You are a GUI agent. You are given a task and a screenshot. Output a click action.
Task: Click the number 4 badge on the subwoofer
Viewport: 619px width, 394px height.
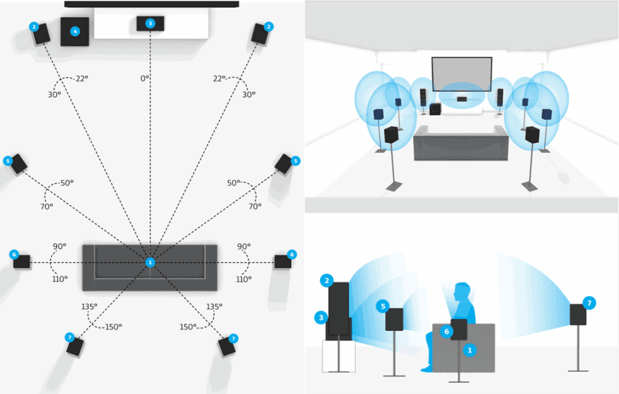pos(75,31)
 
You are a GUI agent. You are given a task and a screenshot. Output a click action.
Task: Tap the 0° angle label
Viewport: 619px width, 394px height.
pos(145,79)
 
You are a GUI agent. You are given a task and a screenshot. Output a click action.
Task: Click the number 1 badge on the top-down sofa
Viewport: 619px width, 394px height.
pos(150,262)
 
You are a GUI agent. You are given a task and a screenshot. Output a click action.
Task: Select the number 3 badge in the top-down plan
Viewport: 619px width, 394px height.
pos(150,24)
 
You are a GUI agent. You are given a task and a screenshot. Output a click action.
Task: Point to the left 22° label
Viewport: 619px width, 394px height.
pos(82,79)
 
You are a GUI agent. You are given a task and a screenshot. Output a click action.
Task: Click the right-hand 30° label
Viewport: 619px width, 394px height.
pos(249,95)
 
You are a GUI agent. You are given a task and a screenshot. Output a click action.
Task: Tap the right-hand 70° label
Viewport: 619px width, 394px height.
pos(255,206)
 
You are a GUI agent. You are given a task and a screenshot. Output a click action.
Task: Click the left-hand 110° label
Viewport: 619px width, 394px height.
pos(60,279)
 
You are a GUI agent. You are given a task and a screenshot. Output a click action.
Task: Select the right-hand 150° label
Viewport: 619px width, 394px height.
pos(187,326)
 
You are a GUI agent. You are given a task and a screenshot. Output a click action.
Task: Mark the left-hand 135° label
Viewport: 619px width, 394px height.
pos(89,307)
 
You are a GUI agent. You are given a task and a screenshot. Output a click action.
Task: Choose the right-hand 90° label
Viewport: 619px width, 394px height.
pos(244,247)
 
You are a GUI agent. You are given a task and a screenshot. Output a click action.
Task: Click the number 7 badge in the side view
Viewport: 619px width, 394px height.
pos(589,303)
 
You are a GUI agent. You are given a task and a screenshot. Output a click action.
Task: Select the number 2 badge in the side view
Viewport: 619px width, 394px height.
pos(326,281)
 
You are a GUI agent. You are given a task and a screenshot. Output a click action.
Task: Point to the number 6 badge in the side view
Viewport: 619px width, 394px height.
pos(447,332)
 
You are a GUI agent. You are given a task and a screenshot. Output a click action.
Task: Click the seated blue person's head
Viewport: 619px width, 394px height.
pos(463,292)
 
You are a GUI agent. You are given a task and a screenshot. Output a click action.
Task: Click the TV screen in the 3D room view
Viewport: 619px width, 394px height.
pos(461,74)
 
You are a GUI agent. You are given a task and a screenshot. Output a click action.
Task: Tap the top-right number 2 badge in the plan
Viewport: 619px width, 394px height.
pos(268,27)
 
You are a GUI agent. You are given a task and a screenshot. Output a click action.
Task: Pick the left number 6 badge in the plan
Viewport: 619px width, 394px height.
pos(13,254)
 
